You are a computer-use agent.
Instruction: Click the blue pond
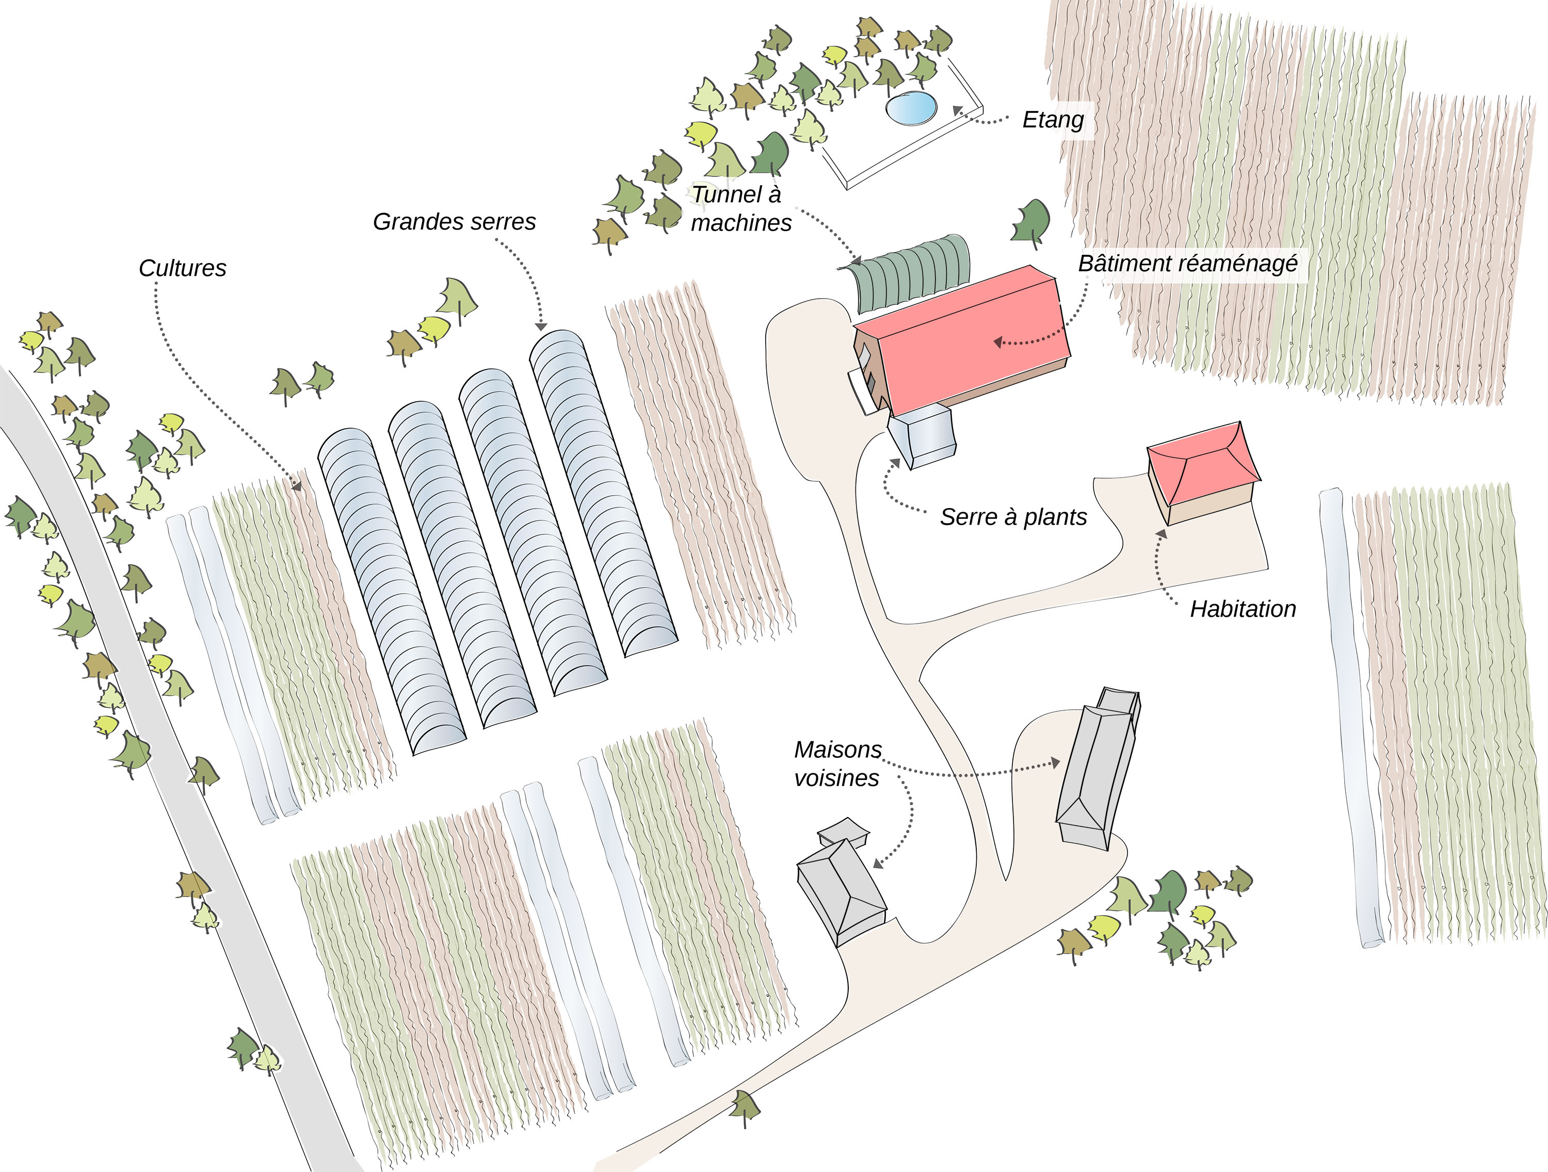coord(910,108)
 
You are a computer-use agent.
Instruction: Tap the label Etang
coord(1053,120)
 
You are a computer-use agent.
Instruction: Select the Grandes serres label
coord(454,222)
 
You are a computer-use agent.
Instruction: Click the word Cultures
coord(183,269)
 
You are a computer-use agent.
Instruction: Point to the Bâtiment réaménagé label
coord(1188,264)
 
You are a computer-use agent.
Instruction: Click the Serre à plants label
coord(1012,517)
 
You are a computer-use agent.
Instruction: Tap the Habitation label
coord(1243,609)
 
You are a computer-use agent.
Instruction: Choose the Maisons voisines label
coord(837,764)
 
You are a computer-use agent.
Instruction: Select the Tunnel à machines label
coord(740,208)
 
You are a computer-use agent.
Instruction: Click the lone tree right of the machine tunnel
coord(1031,222)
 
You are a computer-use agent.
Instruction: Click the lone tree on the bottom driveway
coord(745,1108)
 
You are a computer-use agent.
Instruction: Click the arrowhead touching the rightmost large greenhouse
coord(540,326)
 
